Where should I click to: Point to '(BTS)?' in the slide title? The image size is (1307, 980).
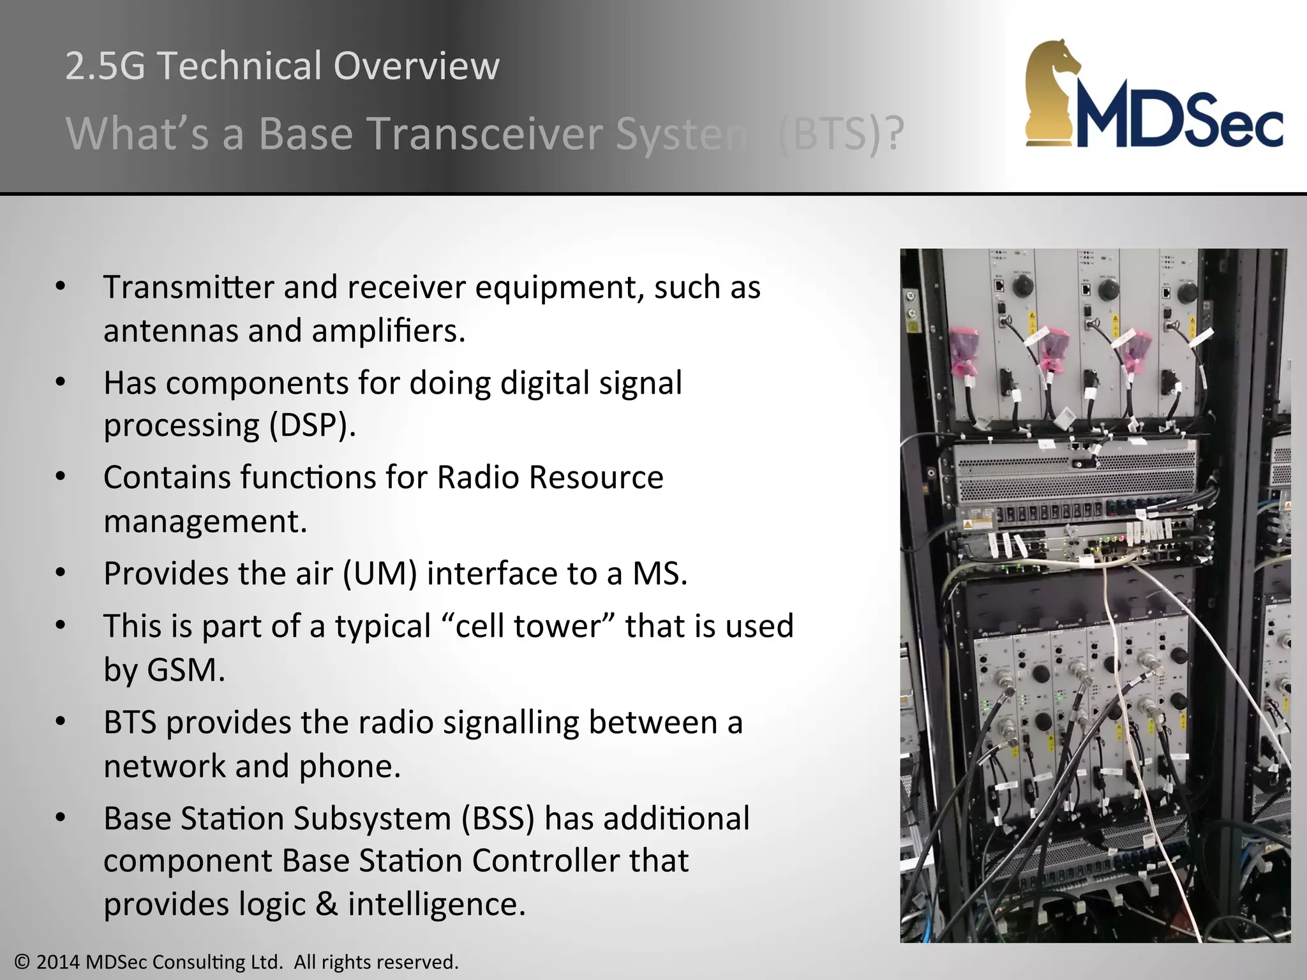tap(841, 134)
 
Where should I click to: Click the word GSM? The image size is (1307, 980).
tap(186, 671)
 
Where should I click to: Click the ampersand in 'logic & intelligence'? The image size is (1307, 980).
tap(327, 905)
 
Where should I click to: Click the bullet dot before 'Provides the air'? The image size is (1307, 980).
tap(61, 572)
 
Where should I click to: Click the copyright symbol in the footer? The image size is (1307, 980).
tap(22, 962)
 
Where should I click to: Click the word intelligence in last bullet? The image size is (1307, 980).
tap(436, 905)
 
